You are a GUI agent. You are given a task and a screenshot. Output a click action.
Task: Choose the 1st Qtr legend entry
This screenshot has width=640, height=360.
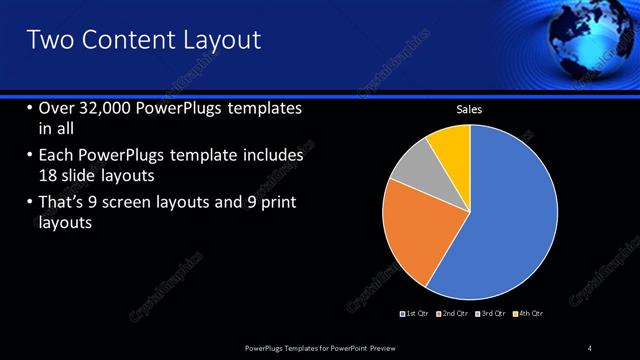coord(414,314)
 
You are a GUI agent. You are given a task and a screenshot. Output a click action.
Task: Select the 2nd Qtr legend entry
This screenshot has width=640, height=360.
coord(452,314)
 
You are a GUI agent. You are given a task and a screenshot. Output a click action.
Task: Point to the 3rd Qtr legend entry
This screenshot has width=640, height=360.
coord(490,314)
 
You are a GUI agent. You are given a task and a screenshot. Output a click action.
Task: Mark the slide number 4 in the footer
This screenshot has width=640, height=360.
coord(590,347)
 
